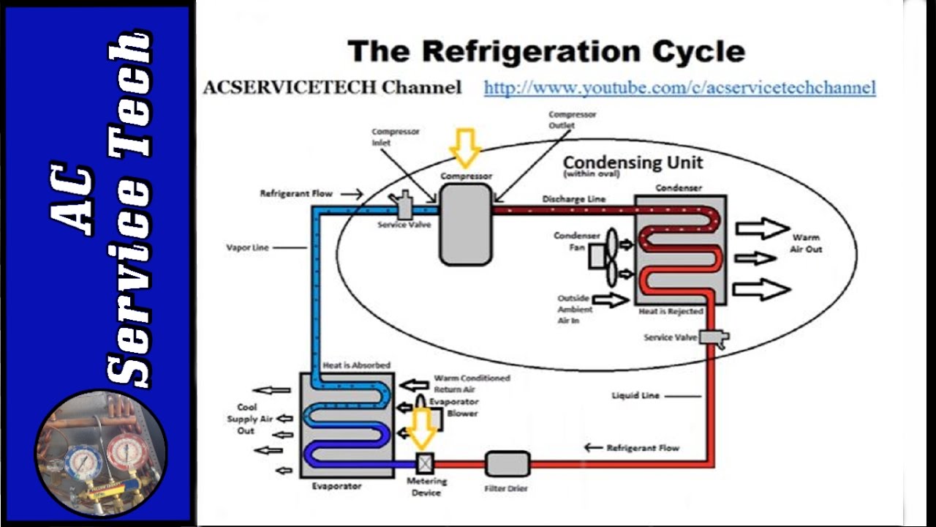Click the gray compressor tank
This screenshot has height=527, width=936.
point(466,224)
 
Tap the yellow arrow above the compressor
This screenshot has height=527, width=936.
point(465,147)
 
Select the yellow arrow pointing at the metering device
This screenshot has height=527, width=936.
point(423,428)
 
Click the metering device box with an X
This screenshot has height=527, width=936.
point(425,463)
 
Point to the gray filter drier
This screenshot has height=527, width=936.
point(507,463)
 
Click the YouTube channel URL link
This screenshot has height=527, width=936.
point(679,88)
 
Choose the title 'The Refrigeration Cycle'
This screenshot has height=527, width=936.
point(546,52)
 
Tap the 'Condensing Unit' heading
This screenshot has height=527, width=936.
point(633,162)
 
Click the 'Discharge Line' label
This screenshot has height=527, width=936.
point(573,199)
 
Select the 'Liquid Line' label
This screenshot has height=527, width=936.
point(635,395)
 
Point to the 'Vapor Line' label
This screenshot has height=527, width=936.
point(247,247)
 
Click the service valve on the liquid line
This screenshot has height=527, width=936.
point(713,337)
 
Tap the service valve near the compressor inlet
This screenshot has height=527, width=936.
point(403,206)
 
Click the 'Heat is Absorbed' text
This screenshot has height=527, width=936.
point(356,365)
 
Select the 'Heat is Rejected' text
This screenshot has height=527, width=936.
point(671,311)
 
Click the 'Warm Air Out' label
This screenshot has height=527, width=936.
point(806,243)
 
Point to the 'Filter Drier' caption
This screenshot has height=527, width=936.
point(506,488)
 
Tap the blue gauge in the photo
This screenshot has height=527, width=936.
point(83,462)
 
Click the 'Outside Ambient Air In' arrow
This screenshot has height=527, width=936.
point(610,299)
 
